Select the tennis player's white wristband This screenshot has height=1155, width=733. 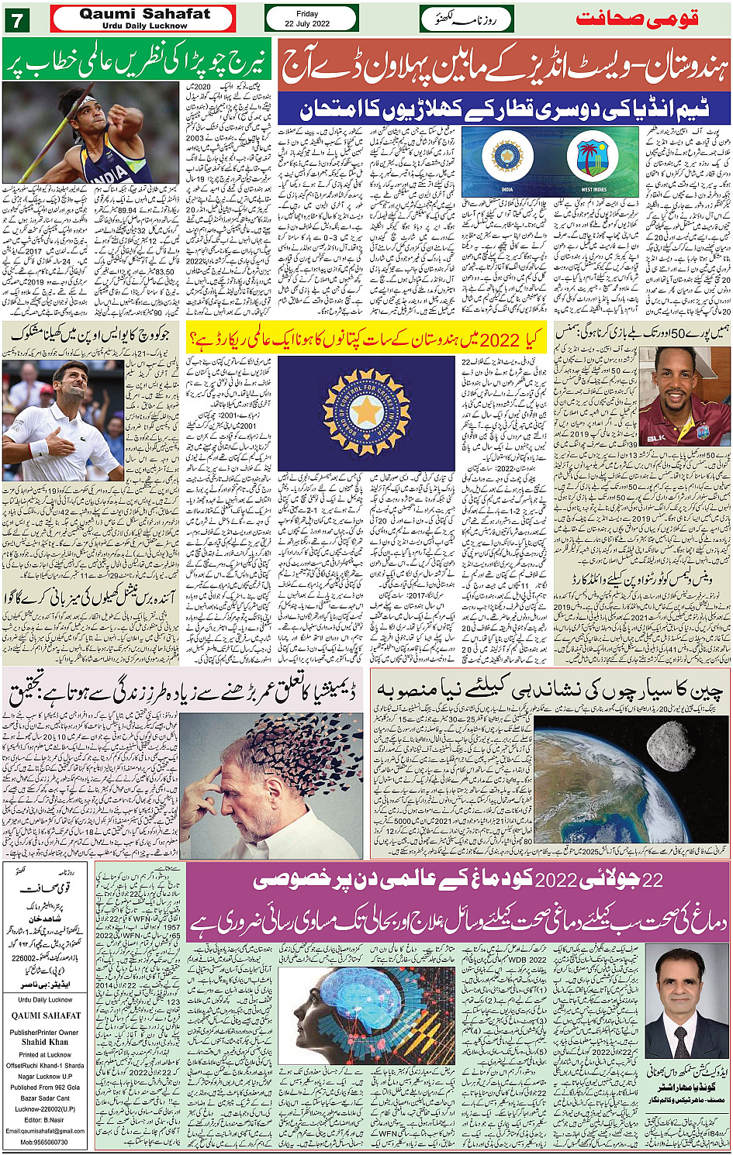click(x=36, y=448)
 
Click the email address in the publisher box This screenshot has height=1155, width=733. click(x=45, y=1130)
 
